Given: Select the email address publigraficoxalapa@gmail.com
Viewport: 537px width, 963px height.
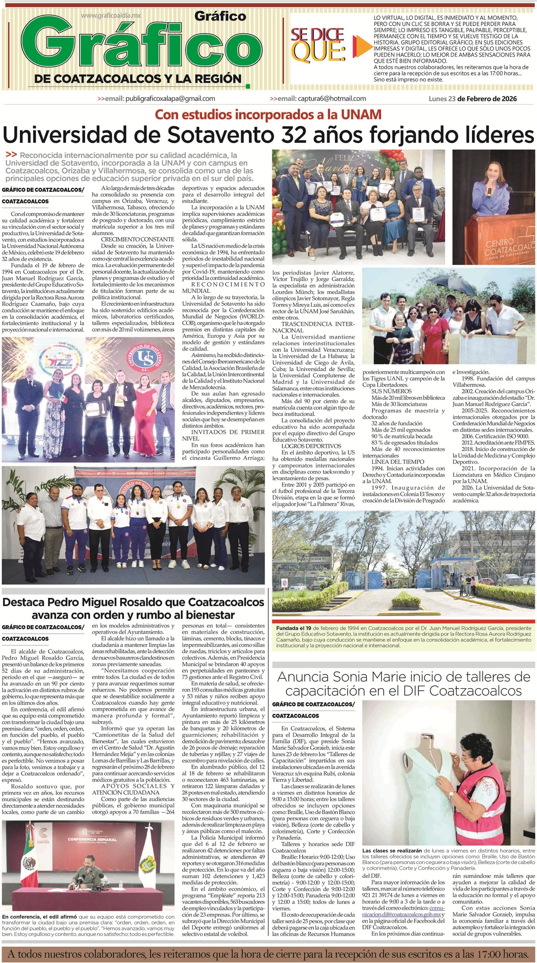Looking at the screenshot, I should point(170,98).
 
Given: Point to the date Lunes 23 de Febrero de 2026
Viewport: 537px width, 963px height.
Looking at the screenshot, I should point(473,98).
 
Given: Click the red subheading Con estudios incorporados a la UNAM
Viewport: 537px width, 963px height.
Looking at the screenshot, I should point(268,114).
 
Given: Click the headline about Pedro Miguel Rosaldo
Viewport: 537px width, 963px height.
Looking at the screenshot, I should point(133,608).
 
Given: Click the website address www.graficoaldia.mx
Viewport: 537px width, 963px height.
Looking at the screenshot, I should point(111,15).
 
